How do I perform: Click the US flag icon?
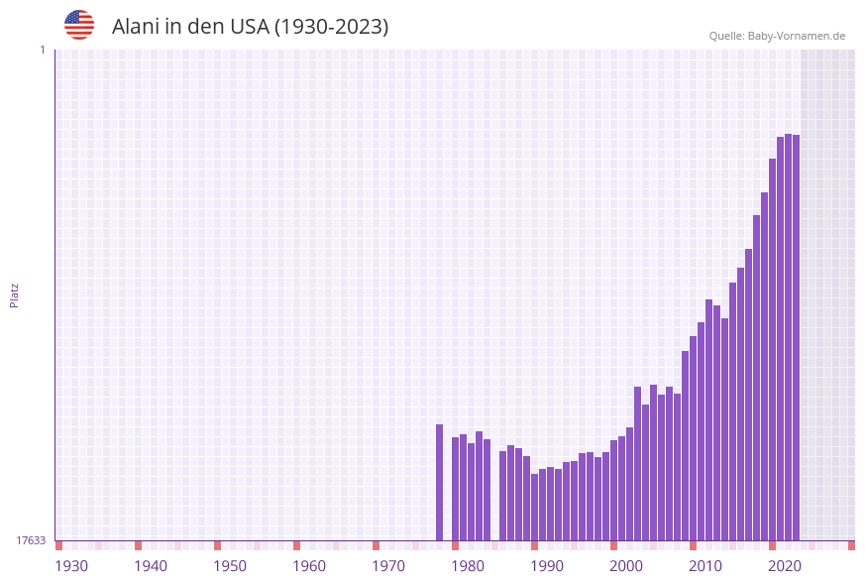pyautogui.click(x=79, y=25)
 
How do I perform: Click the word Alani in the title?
pyautogui.click(x=138, y=27)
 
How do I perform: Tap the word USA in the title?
pyautogui.click(x=249, y=27)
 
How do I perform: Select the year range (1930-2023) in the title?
pyautogui.click(x=331, y=27)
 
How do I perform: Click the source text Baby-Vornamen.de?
pyautogui.click(x=797, y=36)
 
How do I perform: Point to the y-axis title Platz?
pyautogui.click(x=15, y=294)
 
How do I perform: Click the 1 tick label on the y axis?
pyautogui.click(x=42, y=50)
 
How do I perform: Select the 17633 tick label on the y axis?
pyautogui.click(x=31, y=540)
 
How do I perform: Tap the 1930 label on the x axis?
pyautogui.click(x=71, y=566)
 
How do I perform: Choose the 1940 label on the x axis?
pyautogui.click(x=151, y=566)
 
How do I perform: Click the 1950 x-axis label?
pyautogui.click(x=230, y=566)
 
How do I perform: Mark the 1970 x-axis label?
pyautogui.click(x=388, y=566)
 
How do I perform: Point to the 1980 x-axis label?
pyautogui.click(x=468, y=566)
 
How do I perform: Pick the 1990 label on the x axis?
pyautogui.click(x=547, y=566)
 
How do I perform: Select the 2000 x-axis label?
pyautogui.click(x=626, y=566)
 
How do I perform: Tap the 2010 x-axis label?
pyautogui.click(x=705, y=566)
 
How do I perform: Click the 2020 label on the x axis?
pyautogui.click(x=785, y=566)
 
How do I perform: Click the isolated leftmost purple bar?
pyautogui.click(x=440, y=483)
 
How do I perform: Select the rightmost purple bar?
pyautogui.click(x=796, y=337)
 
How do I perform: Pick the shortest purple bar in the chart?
pyautogui.click(x=535, y=508)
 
